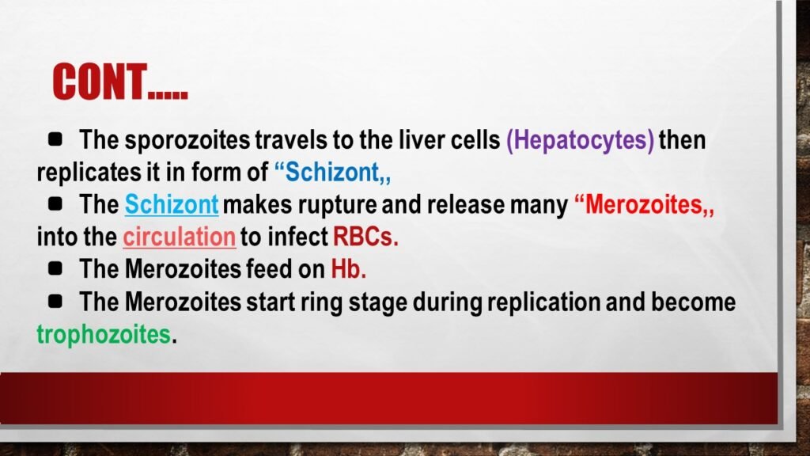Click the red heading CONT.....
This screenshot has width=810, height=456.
click(x=119, y=82)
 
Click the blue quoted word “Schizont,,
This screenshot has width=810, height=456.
click(x=333, y=172)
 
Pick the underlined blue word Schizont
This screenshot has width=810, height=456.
click(x=172, y=205)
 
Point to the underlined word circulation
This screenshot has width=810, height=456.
click(x=180, y=237)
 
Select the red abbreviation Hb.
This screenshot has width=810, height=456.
click(x=348, y=269)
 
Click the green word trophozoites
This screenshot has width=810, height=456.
click(x=103, y=333)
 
